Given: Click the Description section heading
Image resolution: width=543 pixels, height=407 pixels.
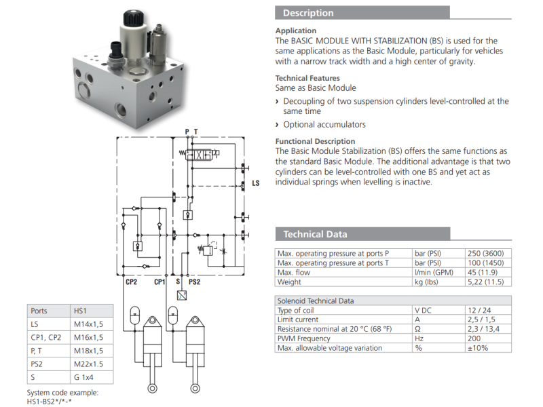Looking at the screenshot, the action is pos(308,13).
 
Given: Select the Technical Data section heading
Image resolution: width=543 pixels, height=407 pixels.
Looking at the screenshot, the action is pos(315,234).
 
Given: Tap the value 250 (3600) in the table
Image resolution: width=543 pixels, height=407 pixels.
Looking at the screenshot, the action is pos(485,253).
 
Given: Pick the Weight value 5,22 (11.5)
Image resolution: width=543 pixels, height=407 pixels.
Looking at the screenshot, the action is pos(485,282).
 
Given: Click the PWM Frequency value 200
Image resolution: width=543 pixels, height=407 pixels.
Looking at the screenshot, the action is pos(474,338).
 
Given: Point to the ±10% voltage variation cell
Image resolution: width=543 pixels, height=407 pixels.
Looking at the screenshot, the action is pos(478,348).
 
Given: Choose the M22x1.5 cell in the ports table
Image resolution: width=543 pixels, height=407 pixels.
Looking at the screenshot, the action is pos(88,364).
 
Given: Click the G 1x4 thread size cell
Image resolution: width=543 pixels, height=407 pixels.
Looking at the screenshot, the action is pos(83,377).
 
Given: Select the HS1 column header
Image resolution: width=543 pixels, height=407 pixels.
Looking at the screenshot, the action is pos(80,311).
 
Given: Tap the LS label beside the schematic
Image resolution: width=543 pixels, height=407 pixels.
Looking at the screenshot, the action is pos(256,183).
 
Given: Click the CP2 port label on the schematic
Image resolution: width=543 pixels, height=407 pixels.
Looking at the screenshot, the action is pos(131,282).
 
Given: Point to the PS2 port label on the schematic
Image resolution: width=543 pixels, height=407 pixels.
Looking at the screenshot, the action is pos(194,282).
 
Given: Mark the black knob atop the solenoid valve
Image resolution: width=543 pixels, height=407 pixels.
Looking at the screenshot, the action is pos(133,18).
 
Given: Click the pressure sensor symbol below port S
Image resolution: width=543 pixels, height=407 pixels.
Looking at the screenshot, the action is pos(182,295).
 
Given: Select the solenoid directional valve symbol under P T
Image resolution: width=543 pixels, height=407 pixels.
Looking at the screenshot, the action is pos(199,155).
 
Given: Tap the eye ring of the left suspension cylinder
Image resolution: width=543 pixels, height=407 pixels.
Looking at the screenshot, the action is pos(152,388).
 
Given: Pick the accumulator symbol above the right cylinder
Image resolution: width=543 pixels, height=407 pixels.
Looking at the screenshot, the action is pos(172,315).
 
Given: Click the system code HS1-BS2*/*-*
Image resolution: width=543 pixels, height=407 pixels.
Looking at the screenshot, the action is pos(49,402).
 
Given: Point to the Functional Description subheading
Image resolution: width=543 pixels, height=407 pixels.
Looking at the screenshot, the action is pos(315,141).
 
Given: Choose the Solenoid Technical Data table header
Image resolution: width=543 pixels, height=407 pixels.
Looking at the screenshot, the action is pos(316,301).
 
